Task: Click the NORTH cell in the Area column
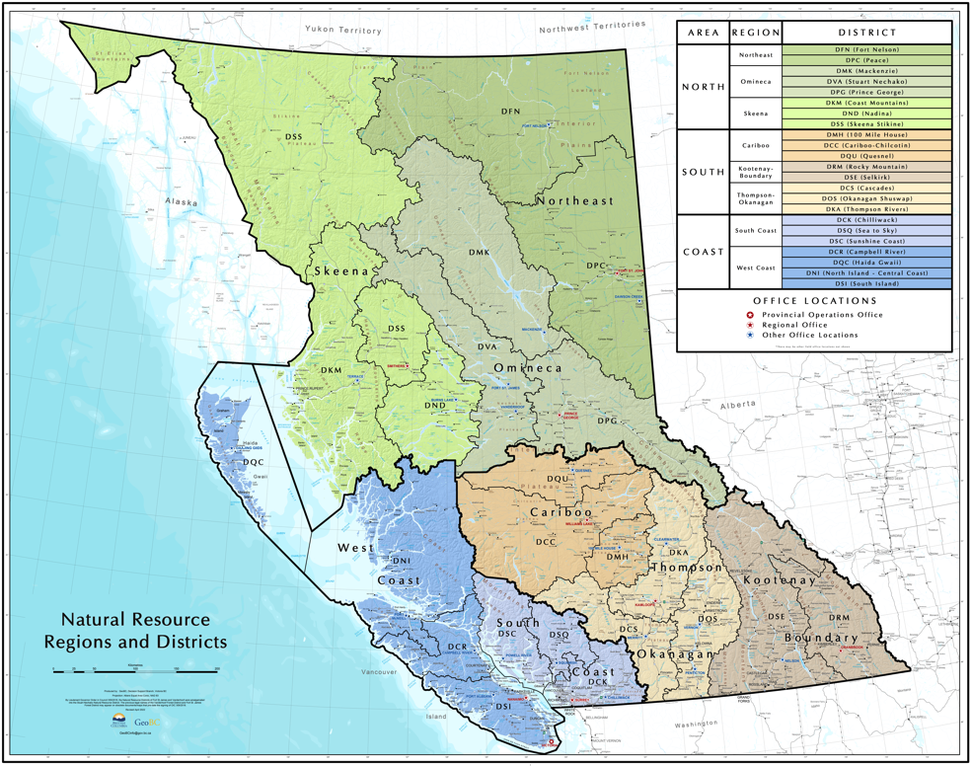coord(703,87)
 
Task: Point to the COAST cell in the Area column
coord(703,252)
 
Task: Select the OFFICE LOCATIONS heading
coord(814,300)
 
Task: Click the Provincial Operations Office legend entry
coord(819,315)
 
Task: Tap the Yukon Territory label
coord(342,31)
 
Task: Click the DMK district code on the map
coord(479,253)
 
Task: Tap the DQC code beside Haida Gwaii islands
coord(254,461)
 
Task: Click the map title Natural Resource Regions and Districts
coord(135,630)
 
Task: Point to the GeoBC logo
coord(149,722)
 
